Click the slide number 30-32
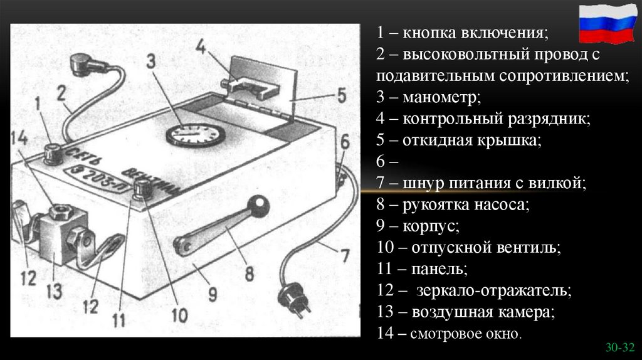[x=620, y=346]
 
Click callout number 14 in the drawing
[x=20, y=140]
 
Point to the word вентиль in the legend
[x=528, y=247]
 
